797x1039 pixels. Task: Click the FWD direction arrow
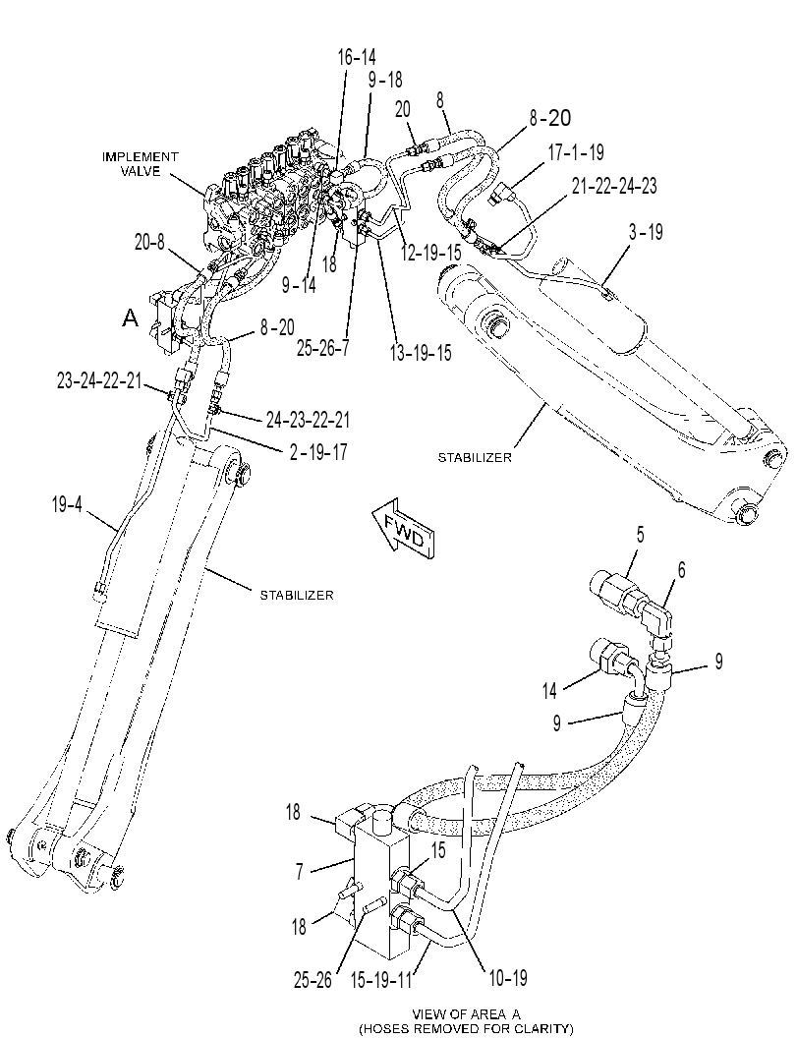[403, 529]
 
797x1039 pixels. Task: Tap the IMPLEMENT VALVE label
[140, 164]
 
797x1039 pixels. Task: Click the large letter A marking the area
[131, 318]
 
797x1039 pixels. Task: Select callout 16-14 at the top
[357, 58]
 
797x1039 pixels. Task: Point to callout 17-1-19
[576, 152]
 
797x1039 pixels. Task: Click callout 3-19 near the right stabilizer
[646, 232]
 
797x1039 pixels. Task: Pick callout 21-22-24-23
[614, 186]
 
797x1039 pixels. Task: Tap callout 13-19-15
[420, 353]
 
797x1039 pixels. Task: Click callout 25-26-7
[322, 348]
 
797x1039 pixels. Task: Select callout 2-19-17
[318, 452]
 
